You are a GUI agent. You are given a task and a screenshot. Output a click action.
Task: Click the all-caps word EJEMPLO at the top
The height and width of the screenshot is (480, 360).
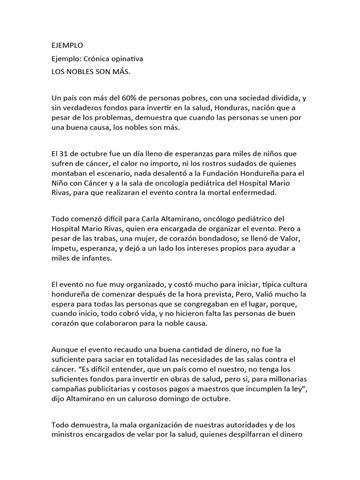coord(67,45)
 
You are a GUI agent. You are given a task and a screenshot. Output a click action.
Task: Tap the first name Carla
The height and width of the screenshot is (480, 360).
coord(136,219)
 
